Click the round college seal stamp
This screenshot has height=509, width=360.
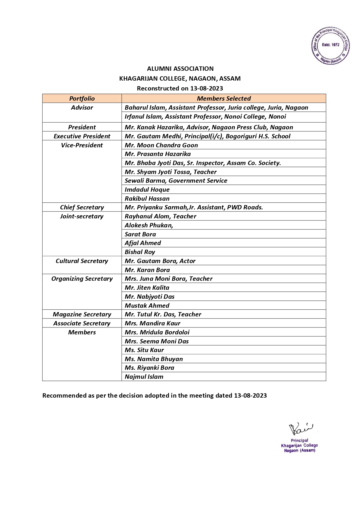click(x=330, y=46)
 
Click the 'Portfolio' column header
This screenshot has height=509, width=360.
click(x=82, y=99)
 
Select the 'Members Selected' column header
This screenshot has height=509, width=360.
click(x=224, y=99)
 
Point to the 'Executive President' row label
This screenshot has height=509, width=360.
click(x=82, y=136)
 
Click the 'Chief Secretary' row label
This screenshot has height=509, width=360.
click(x=82, y=207)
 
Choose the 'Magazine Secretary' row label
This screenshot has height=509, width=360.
click(x=82, y=314)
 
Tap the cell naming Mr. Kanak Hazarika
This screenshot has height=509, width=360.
click(x=209, y=127)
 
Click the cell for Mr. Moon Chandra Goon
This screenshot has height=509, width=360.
click(x=161, y=145)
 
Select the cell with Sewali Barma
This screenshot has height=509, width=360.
click(x=176, y=181)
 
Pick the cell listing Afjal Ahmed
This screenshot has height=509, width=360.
click(x=143, y=243)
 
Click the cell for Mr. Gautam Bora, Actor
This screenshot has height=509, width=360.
click(x=160, y=261)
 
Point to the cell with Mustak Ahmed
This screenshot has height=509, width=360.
click(x=147, y=306)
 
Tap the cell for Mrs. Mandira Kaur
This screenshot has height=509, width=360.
click(x=152, y=323)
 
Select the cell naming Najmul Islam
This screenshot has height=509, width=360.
click(x=144, y=377)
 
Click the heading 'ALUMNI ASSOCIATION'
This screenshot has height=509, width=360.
click(x=180, y=69)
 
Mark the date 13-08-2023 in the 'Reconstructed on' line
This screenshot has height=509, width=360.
click(x=206, y=88)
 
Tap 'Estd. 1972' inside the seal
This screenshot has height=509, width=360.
click(x=330, y=45)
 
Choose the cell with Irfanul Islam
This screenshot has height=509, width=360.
click(x=205, y=117)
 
